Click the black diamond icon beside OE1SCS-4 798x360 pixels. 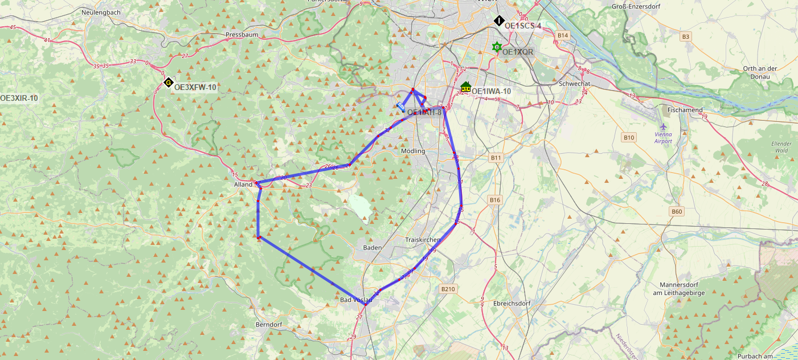tap(499, 21)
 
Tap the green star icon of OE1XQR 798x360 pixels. tap(497, 47)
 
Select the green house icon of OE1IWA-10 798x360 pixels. tap(465, 87)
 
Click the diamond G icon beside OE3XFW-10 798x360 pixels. tap(168, 83)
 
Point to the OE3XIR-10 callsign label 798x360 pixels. tap(19, 98)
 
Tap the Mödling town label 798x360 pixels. tap(413, 151)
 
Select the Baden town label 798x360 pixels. tap(372, 248)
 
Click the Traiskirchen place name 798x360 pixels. tap(423, 240)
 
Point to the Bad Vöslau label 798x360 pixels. tap(356, 300)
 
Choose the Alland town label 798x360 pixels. tap(243, 185)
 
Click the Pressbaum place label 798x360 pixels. tap(242, 35)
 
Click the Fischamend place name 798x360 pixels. tap(685, 110)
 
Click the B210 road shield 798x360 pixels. tap(448, 289)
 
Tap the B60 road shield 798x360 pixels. tap(677, 212)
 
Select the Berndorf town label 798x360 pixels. tap(269, 325)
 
